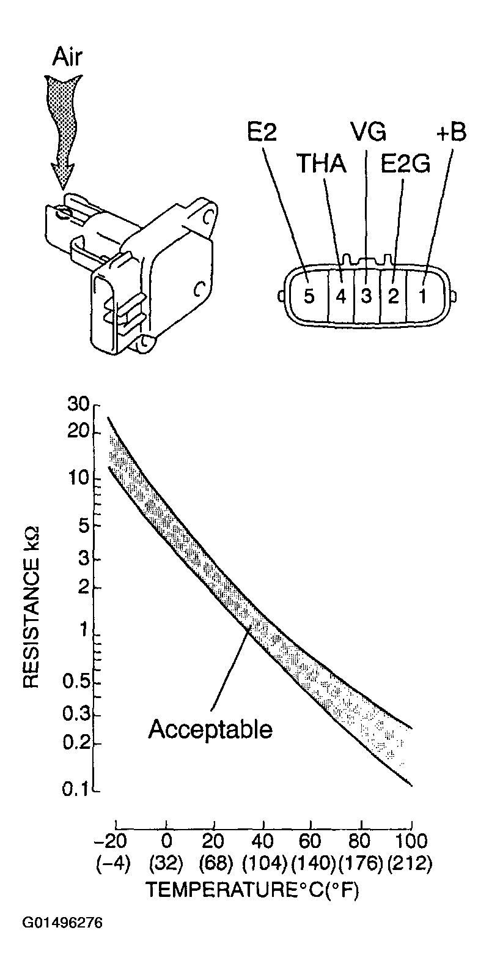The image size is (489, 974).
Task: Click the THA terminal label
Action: (322, 164)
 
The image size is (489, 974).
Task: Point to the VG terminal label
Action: (368, 131)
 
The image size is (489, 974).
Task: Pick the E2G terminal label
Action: (405, 164)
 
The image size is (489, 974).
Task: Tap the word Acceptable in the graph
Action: (210, 729)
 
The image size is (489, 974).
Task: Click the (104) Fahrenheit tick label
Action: (264, 863)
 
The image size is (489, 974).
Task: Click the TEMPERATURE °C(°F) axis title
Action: (252, 890)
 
